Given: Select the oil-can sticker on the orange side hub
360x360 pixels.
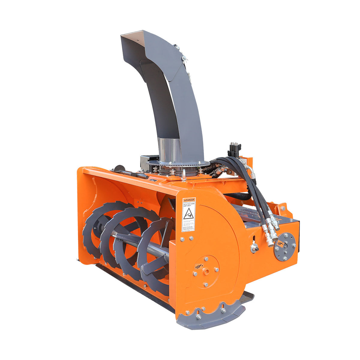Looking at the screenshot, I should (198, 266).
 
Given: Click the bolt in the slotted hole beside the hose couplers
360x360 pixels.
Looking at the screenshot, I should (254, 248).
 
